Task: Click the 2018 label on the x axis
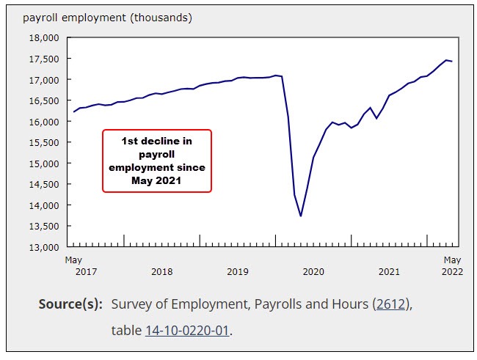(161, 272)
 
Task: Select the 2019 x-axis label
(238, 272)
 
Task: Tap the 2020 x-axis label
(313, 272)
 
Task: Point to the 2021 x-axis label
(389, 272)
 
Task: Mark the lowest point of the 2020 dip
(301, 216)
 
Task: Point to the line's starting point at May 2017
(73, 111)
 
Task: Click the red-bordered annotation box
(156, 161)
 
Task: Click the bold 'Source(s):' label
(70, 304)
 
